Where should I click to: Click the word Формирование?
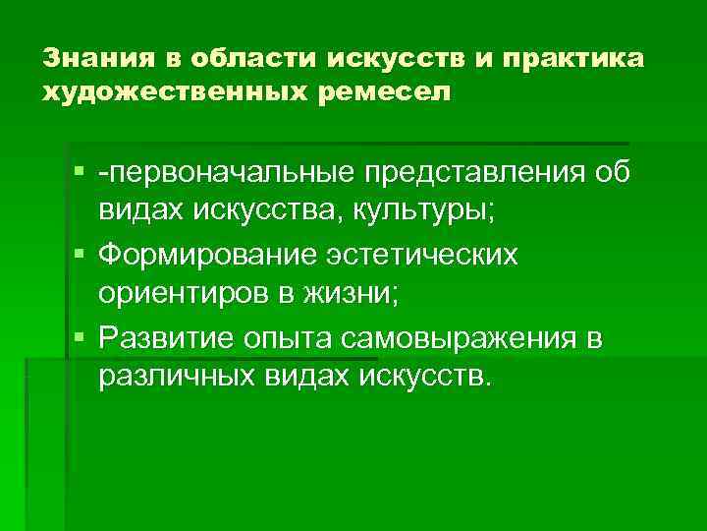[200, 255]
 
